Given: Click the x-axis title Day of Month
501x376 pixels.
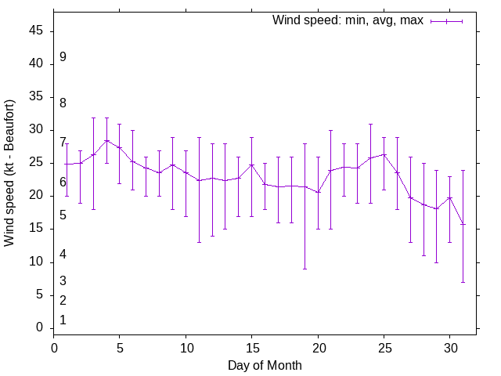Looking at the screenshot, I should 265,365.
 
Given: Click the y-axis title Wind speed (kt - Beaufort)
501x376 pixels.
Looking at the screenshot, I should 10,173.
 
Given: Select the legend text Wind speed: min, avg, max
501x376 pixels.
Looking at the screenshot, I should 348,20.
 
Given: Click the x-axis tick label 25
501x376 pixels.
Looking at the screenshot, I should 384,347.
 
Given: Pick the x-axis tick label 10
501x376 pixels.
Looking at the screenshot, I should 186,347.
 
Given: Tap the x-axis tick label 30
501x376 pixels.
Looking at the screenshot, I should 449,347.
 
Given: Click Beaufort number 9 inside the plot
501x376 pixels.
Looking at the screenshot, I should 63,57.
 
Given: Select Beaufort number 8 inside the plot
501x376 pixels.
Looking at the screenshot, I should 63,103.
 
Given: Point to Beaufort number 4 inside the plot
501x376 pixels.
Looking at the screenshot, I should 63,254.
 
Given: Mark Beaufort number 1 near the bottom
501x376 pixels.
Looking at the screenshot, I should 63,320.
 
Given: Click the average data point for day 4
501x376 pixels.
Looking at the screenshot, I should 106,141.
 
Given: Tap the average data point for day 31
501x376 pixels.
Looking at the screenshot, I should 463,224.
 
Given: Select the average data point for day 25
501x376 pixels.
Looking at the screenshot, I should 384,154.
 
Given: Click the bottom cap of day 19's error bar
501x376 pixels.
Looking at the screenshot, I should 305,269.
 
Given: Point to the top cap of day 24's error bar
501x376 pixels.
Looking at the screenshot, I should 370,124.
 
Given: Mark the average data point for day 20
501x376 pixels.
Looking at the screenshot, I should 318,192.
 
